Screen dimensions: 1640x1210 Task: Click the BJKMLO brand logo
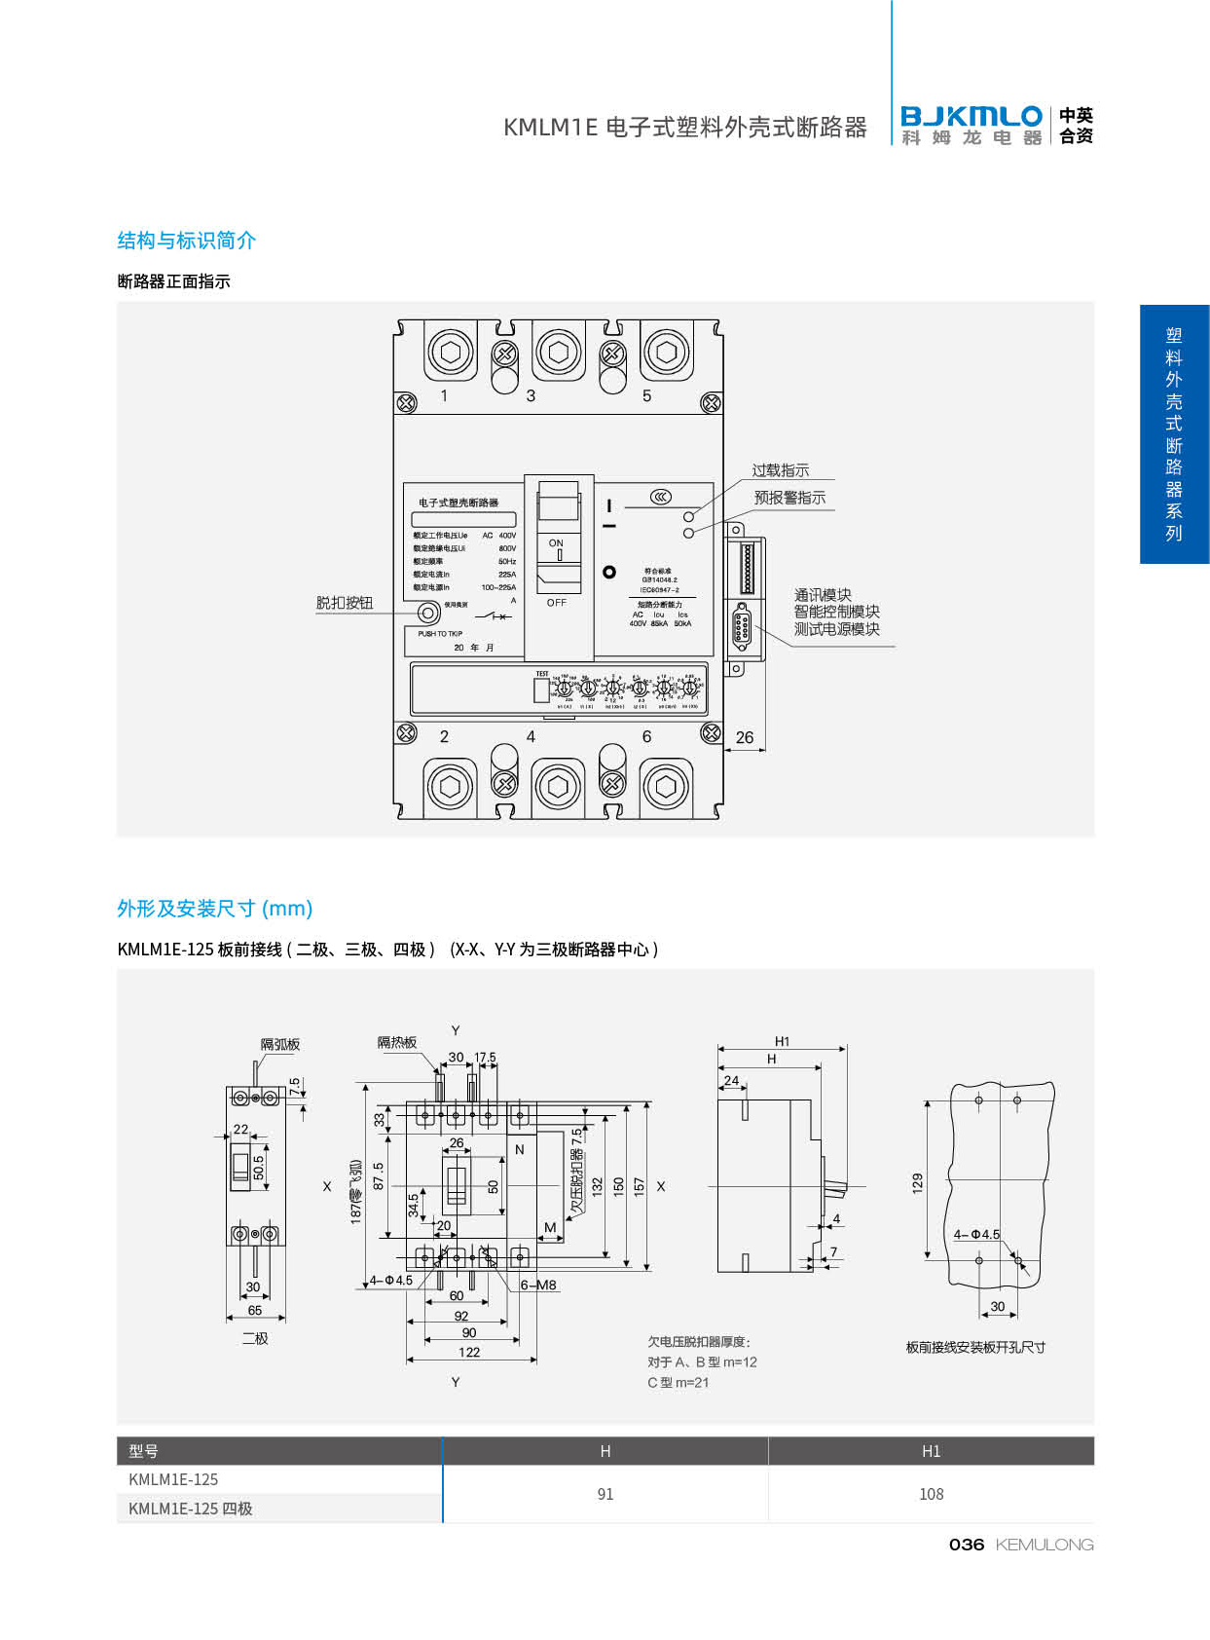971,125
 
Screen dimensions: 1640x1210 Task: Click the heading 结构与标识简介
186,241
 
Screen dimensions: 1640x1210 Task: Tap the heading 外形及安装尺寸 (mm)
214,909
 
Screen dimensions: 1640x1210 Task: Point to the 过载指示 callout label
780,470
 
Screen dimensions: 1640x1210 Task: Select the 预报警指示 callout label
789,498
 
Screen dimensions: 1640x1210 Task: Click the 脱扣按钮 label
345,603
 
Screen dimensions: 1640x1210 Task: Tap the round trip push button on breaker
427,614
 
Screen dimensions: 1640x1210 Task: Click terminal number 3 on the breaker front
531,395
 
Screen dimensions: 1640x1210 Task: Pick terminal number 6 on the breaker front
646,737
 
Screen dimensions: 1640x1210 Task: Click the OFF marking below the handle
556,603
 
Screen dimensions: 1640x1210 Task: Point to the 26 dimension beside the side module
745,737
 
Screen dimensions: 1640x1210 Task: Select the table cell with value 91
605,1494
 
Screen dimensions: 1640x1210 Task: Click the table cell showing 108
931,1494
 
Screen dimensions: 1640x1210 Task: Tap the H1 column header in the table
931,1451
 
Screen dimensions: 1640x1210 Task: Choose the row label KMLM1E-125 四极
190,1509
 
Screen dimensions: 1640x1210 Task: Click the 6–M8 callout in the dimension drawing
538,1285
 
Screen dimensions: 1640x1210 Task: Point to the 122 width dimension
469,1352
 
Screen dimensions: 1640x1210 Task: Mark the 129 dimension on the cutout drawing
917,1183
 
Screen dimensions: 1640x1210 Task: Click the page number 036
966,1545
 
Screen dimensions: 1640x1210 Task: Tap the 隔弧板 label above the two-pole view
280,1044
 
